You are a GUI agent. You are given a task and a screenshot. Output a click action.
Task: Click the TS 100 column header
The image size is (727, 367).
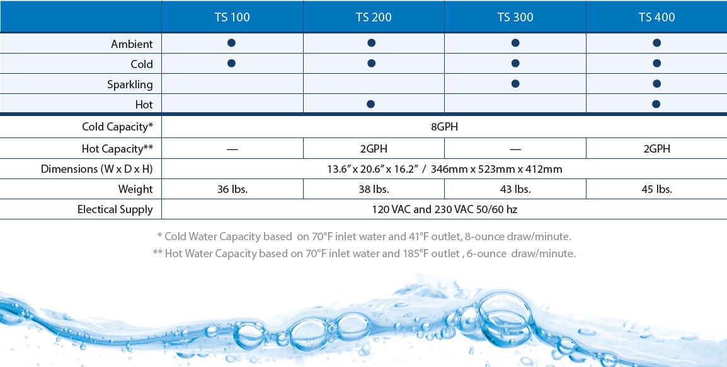232,17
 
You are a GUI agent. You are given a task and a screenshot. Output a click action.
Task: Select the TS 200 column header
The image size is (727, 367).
374,17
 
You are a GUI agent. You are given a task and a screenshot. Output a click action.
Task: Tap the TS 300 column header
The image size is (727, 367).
515,17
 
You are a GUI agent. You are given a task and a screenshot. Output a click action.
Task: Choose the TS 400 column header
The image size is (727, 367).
656,17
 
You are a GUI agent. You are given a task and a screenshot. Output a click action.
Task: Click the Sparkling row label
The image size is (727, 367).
130,84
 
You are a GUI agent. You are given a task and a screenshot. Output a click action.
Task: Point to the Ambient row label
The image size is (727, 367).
132,44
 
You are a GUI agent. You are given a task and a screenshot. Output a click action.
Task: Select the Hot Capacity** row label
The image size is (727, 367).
117,149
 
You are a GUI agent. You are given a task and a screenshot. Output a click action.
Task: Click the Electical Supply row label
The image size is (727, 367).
115,209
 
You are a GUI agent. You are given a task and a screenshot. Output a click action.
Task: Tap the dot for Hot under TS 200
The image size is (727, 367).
371,104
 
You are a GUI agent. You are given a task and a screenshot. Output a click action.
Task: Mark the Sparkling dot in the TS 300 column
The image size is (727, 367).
515,84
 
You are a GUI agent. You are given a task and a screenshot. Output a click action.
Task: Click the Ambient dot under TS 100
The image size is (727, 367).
231,43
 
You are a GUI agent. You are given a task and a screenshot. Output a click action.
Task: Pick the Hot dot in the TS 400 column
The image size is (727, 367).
656,104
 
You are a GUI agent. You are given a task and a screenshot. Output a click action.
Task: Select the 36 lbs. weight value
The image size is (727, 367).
232,189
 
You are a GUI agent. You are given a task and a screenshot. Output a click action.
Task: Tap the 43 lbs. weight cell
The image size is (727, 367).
515,189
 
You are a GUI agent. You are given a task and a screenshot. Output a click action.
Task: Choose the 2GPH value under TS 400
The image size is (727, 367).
656,149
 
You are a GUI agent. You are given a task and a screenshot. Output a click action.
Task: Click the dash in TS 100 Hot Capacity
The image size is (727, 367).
232,149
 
